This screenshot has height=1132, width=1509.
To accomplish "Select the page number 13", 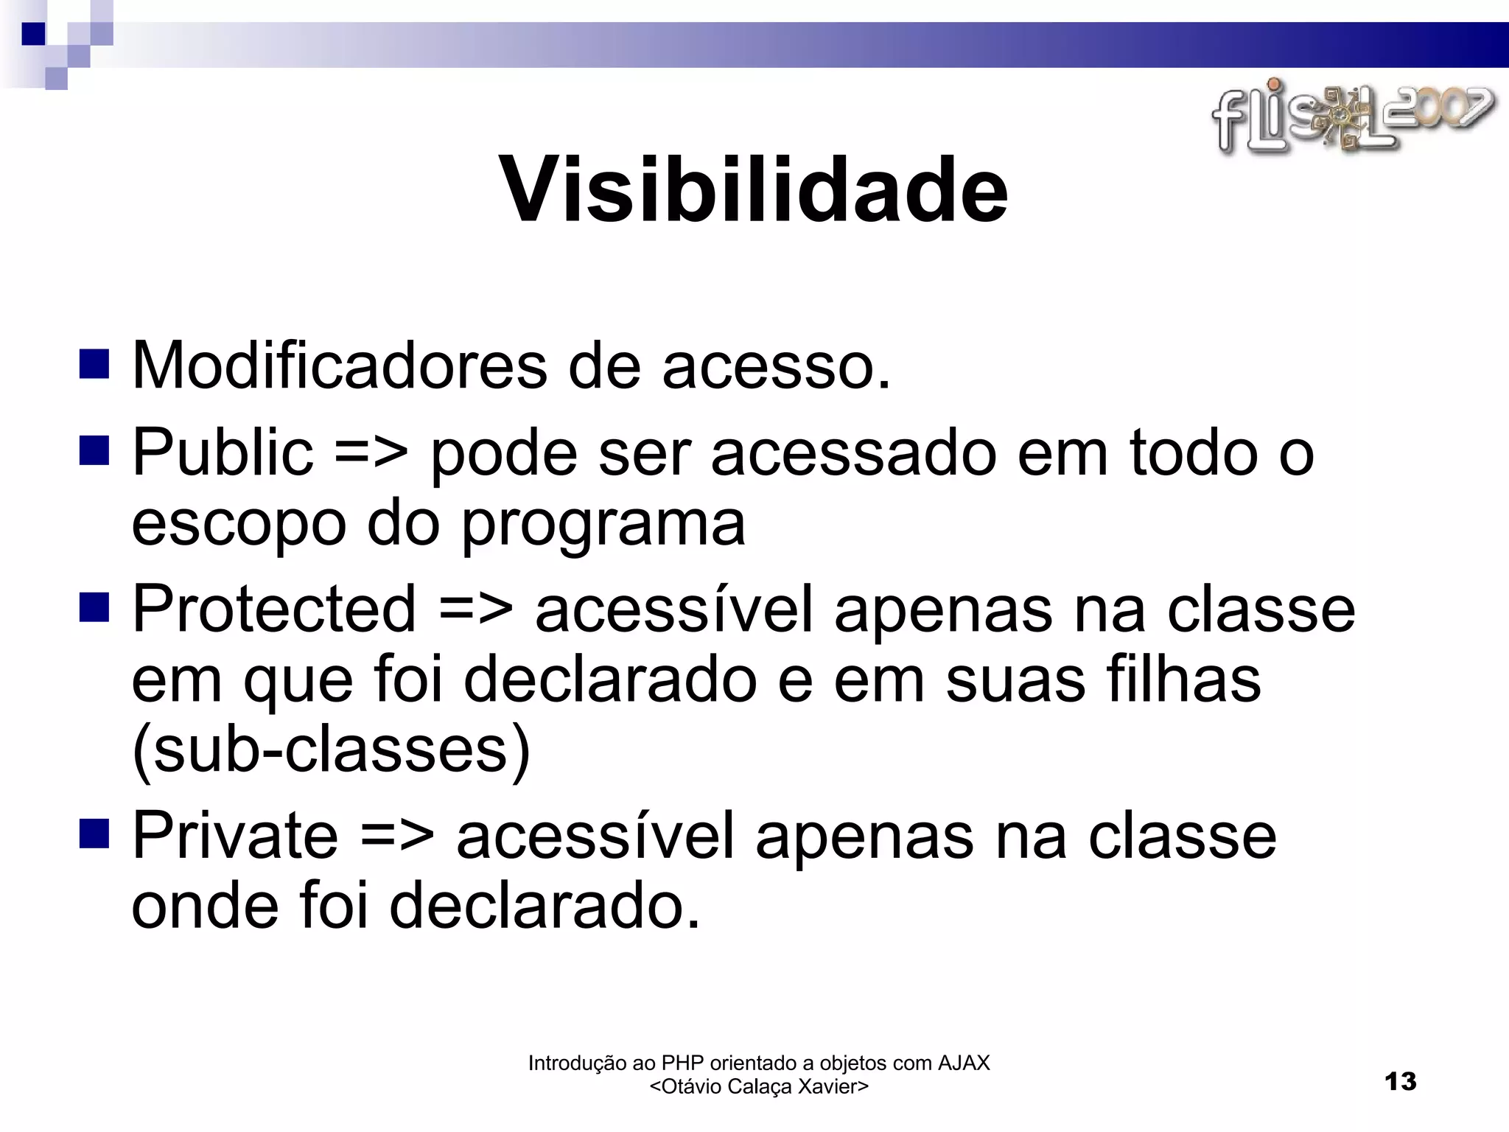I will tap(1400, 1081).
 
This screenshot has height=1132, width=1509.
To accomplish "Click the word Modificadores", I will tap(339, 366).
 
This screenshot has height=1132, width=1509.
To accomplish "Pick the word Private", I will tap(234, 836).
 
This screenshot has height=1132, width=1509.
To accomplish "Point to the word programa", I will tap(603, 525).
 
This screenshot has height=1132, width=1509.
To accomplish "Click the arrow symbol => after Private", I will tap(397, 837).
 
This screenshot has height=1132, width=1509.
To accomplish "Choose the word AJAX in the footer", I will tap(963, 1063).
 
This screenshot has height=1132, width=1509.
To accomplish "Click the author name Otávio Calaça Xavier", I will tap(759, 1086).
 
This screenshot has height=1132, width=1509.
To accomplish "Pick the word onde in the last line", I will tap(205, 906).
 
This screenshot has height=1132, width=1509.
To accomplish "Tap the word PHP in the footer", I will tap(683, 1063).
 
